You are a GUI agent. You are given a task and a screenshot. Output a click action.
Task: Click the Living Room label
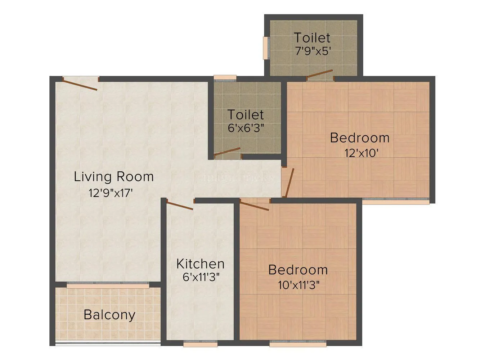113,177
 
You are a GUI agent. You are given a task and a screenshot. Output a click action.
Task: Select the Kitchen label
200,264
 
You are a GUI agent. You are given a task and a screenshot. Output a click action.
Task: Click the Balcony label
109,315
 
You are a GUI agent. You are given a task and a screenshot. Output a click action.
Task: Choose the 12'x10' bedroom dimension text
361,153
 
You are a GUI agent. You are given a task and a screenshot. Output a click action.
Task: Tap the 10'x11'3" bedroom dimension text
299,285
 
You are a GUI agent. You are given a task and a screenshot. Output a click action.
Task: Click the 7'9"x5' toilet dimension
313,51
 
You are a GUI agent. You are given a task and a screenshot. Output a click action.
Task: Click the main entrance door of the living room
80,84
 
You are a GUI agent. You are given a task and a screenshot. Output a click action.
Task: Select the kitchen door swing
180,206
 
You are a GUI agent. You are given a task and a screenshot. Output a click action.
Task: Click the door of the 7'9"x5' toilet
320,74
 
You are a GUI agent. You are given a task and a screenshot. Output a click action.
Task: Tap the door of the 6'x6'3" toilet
227,152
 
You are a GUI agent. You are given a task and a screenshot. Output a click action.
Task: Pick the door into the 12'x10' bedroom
289,182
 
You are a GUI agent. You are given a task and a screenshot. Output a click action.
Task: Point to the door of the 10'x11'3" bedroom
255,206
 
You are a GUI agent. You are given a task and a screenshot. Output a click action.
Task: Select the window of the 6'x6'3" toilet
225,77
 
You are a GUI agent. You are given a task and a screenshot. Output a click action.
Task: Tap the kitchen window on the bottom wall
200,344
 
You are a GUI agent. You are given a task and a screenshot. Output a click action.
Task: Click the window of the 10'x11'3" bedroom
298,344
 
